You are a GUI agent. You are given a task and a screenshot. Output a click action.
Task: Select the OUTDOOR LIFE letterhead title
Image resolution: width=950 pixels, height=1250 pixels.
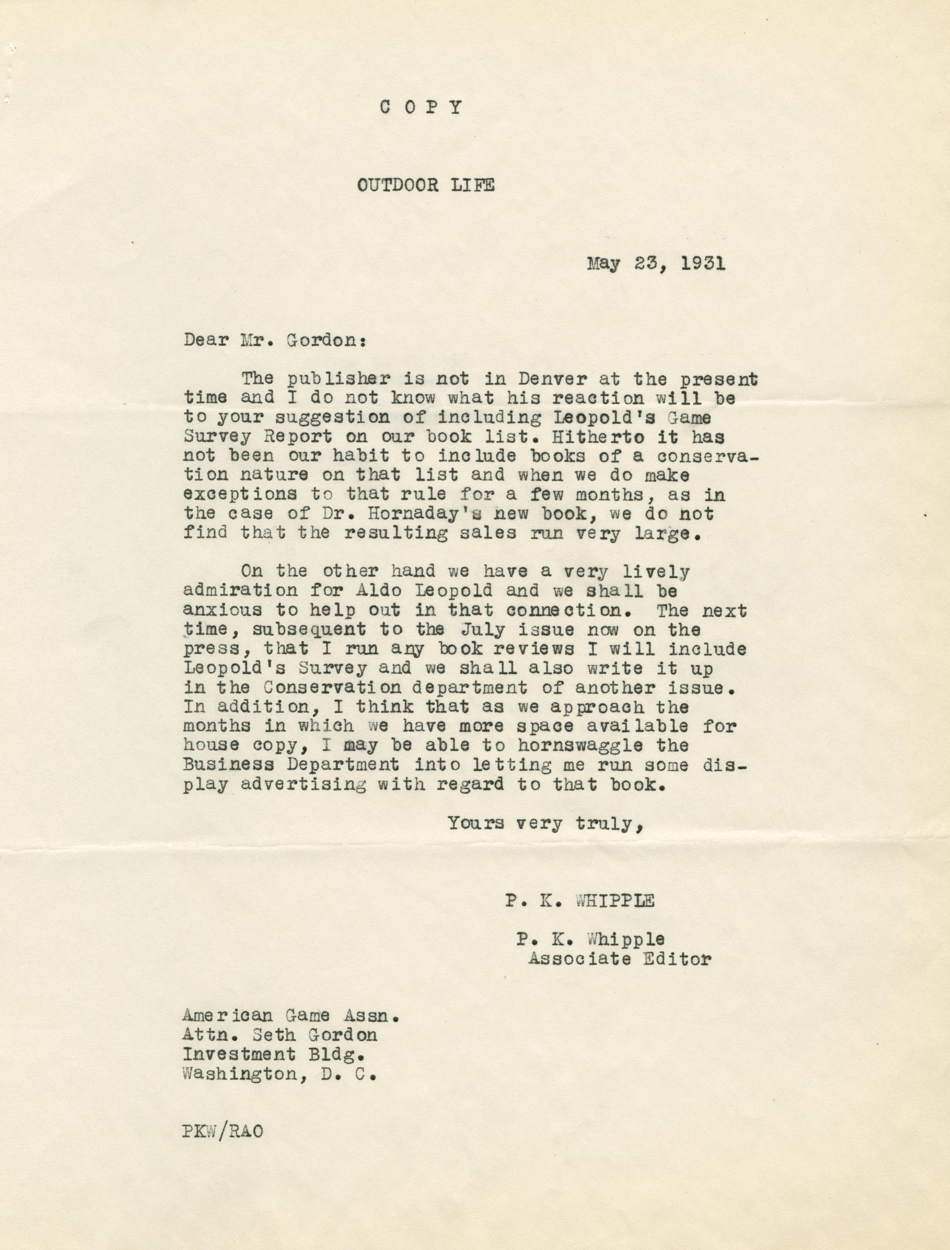(x=425, y=185)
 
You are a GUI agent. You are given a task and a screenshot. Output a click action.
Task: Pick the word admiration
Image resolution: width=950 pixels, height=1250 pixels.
(x=240, y=590)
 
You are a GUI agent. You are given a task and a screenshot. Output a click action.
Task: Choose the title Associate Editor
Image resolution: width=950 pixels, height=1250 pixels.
(x=619, y=959)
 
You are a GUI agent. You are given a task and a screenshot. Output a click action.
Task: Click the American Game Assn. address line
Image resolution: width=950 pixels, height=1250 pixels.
(x=291, y=1016)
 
